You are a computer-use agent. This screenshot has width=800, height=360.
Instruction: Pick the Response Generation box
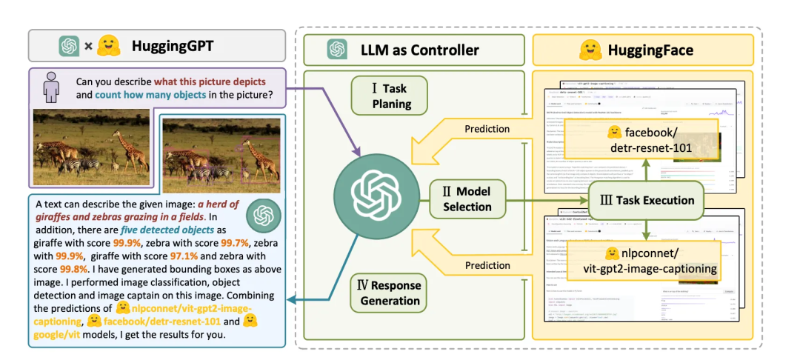390,293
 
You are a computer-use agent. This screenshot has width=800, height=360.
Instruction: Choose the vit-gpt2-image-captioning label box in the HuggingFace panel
641,261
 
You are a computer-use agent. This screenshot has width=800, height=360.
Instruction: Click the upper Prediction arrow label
487,128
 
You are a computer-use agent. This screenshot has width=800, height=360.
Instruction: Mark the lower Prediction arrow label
487,264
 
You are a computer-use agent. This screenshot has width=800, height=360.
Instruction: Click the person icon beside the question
51,87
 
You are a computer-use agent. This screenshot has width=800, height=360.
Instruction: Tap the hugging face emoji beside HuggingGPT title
110,46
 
